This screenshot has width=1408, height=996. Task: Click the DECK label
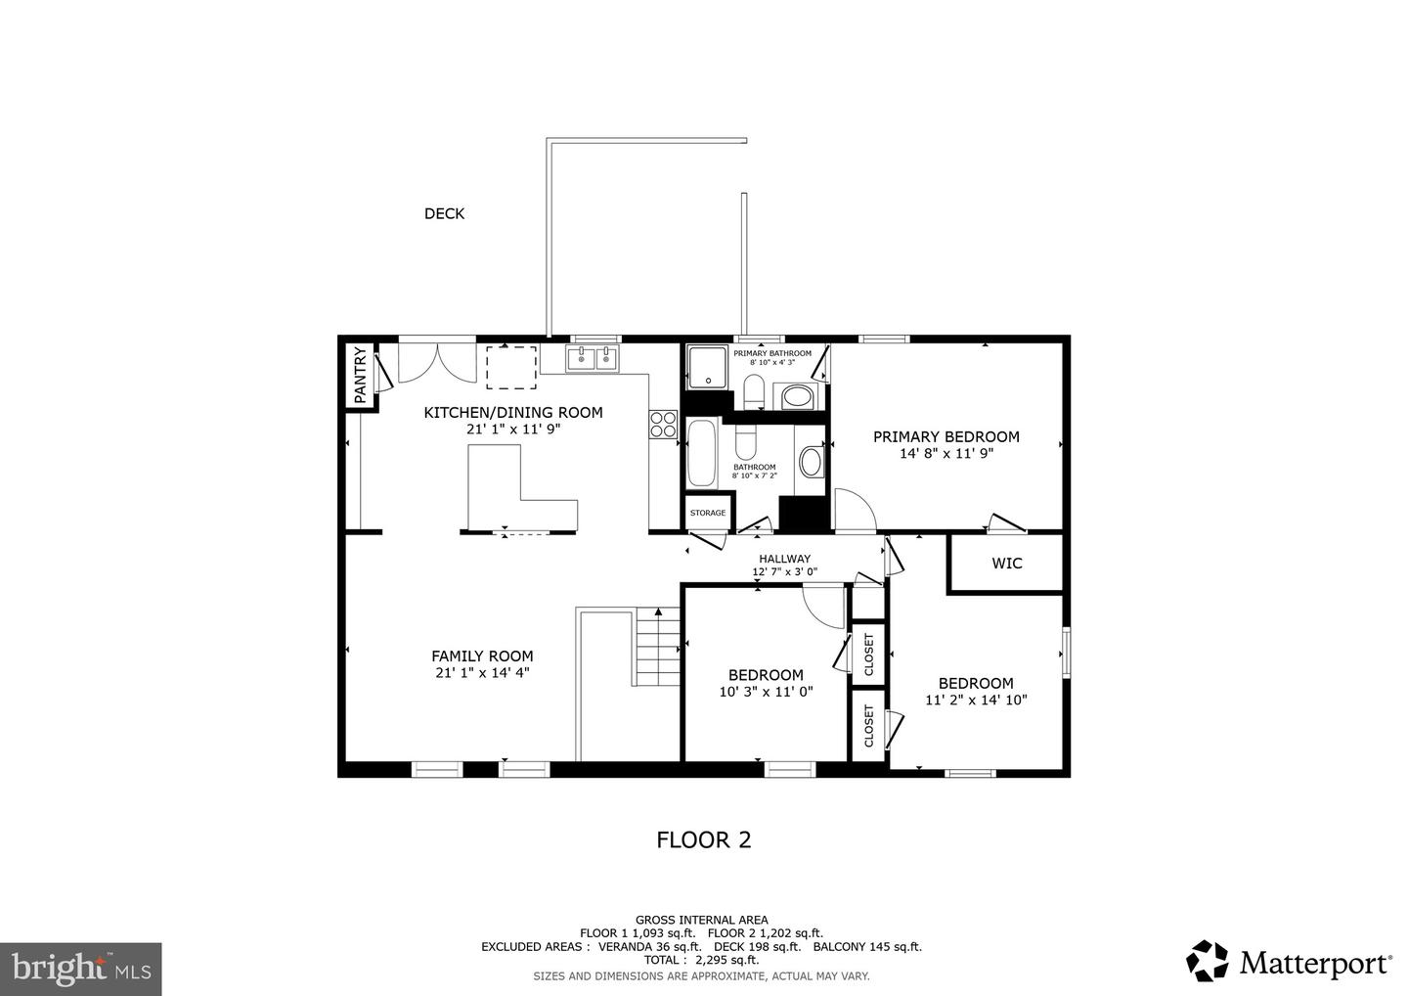tap(444, 214)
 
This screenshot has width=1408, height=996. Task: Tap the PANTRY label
tap(360, 376)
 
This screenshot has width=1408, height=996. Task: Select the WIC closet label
tap(1007, 564)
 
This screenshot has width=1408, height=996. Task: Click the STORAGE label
tap(708, 513)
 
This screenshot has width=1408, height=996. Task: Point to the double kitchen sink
tap(593, 358)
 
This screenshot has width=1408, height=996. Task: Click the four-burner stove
tap(663, 424)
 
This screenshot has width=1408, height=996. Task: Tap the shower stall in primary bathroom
tap(708, 367)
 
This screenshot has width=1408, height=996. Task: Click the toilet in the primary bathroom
tap(753, 391)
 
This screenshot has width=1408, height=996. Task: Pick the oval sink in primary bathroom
tap(797, 397)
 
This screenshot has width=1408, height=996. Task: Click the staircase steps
tap(658, 647)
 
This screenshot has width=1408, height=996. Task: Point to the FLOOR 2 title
tap(704, 840)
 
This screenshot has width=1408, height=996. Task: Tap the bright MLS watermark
tap(81, 969)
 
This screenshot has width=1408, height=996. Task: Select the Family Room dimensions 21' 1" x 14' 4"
tap(483, 673)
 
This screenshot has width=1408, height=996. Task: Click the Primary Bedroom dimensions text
tap(946, 453)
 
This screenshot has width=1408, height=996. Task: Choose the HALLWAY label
tap(784, 559)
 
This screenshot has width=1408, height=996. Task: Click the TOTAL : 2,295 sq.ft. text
tap(701, 960)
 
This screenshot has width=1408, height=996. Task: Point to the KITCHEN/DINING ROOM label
tap(513, 413)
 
